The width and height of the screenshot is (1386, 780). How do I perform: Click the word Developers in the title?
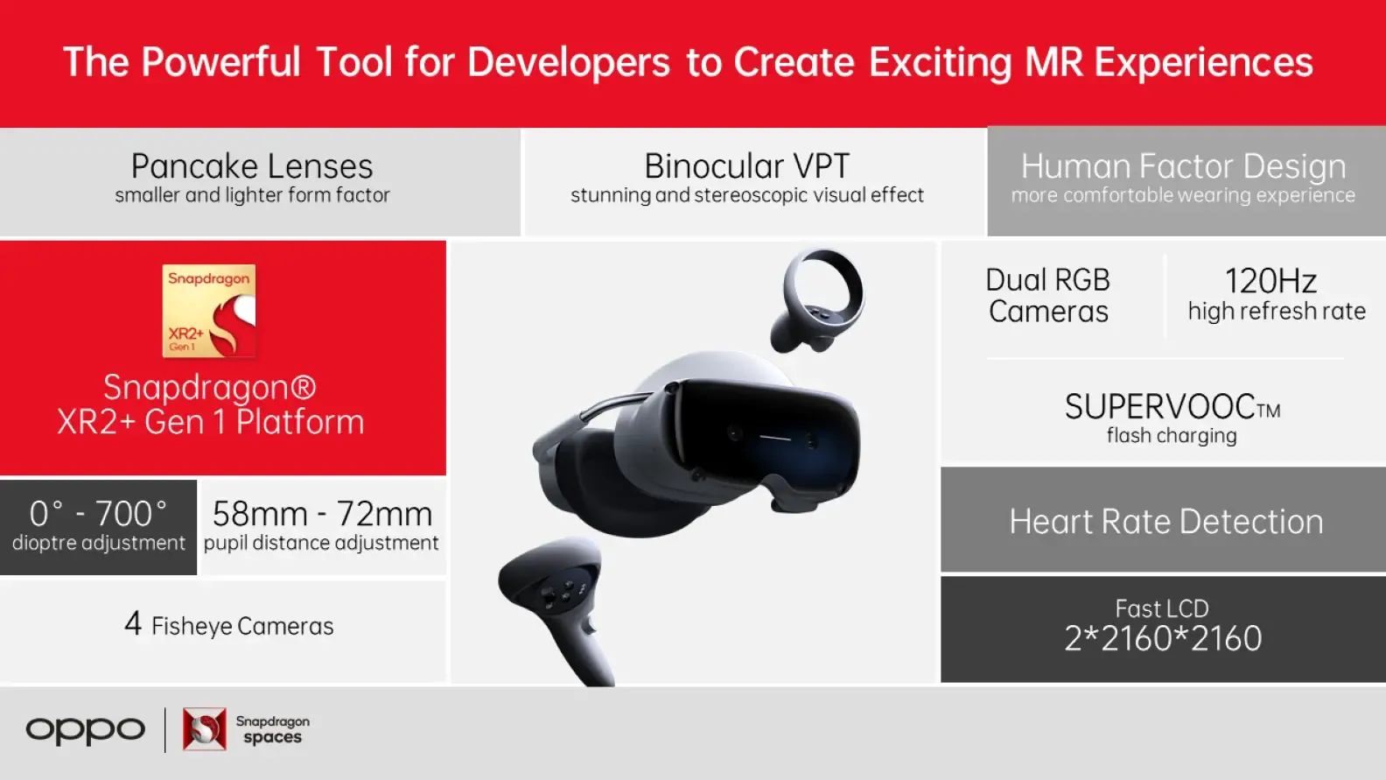(x=569, y=63)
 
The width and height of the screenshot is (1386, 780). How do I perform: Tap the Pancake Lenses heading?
(x=252, y=166)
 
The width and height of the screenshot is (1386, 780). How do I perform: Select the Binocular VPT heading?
(x=747, y=166)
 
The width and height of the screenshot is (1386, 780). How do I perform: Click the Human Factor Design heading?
(x=1183, y=166)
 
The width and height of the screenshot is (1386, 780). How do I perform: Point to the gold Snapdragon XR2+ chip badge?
(x=209, y=311)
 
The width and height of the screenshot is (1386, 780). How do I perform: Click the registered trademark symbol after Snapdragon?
(x=303, y=387)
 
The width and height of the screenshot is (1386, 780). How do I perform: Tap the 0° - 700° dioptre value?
(x=98, y=514)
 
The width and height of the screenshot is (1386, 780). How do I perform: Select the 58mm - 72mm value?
(x=322, y=514)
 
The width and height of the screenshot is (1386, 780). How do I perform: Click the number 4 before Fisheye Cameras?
(x=133, y=623)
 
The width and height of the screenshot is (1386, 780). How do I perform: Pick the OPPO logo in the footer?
(x=86, y=730)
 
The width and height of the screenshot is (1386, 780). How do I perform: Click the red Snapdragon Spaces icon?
(x=205, y=729)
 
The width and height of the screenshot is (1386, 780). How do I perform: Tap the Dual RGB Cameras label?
(x=1048, y=295)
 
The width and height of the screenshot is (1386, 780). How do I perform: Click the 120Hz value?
(x=1270, y=281)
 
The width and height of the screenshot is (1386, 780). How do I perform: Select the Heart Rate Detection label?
(x=1166, y=521)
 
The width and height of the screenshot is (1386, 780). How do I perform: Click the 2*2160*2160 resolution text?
(x=1163, y=638)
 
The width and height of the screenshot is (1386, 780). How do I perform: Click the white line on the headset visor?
(x=775, y=439)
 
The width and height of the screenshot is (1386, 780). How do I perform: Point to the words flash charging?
(x=1172, y=436)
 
